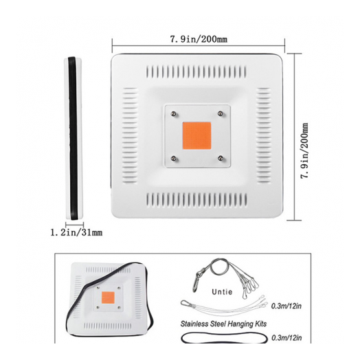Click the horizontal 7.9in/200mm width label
tap(199, 39)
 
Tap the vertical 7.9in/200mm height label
tap(304, 151)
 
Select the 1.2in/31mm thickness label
tap(76, 233)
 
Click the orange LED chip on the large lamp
tap(196, 136)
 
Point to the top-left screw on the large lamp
tap(174, 113)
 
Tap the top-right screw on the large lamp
tap(220, 113)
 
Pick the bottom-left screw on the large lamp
tap(174, 158)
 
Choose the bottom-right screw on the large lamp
tap(221, 158)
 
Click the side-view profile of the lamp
tap(74, 139)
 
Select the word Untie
tap(222, 292)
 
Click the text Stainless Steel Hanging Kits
tap(223, 324)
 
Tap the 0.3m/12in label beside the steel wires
tap(286, 306)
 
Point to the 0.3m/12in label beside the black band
tap(286, 338)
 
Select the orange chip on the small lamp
tap(108, 297)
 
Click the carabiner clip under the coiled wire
tap(196, 282)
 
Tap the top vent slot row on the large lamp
tap(196, 72)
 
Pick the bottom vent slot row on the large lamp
tap(196, 200)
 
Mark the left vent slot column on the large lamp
tap(130, 135)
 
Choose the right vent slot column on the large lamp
tap(264, 135)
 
